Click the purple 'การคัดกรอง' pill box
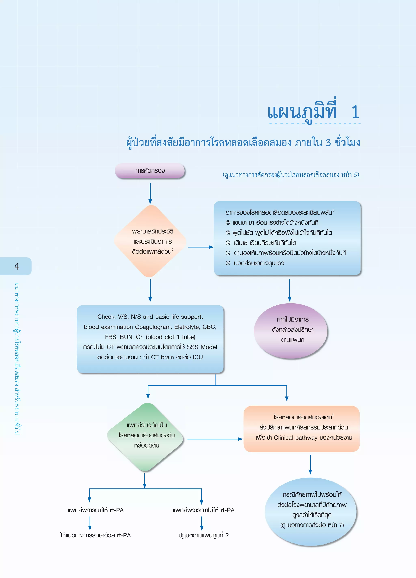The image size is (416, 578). pyautogui.click(x=150, y=170)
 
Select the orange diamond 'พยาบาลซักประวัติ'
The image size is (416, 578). pyautogui.click(x=151, y=241)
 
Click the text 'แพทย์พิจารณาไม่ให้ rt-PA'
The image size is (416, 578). pyautogui.click(x=204, y=510)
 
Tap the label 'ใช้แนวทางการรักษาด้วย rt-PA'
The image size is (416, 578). pyautogui.click(x=95, y=535)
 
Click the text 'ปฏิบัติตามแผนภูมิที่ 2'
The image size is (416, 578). pyautogui.click(x=203, y=535)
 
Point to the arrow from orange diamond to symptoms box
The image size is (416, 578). pyautogui.click(x=201, y=247)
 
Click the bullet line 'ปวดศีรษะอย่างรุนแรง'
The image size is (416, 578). pyautogui.click(x=258, y=263)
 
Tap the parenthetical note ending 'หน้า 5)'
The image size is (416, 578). pyautogui.click(x=291, y=175)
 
